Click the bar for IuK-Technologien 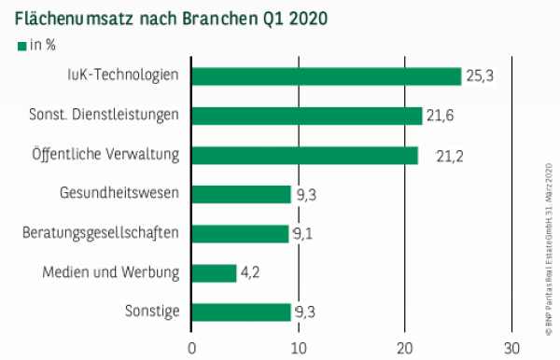(326, 76)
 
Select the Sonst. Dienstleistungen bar (306, 116)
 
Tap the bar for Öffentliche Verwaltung (304, 155)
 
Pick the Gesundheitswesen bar (241, 194)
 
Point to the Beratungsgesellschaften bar (240, 233)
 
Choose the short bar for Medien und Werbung (214, 272)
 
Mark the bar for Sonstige (241, 312)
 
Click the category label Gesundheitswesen (126, 194)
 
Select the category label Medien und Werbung (111, 272)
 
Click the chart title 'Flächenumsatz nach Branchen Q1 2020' (170, 18)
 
